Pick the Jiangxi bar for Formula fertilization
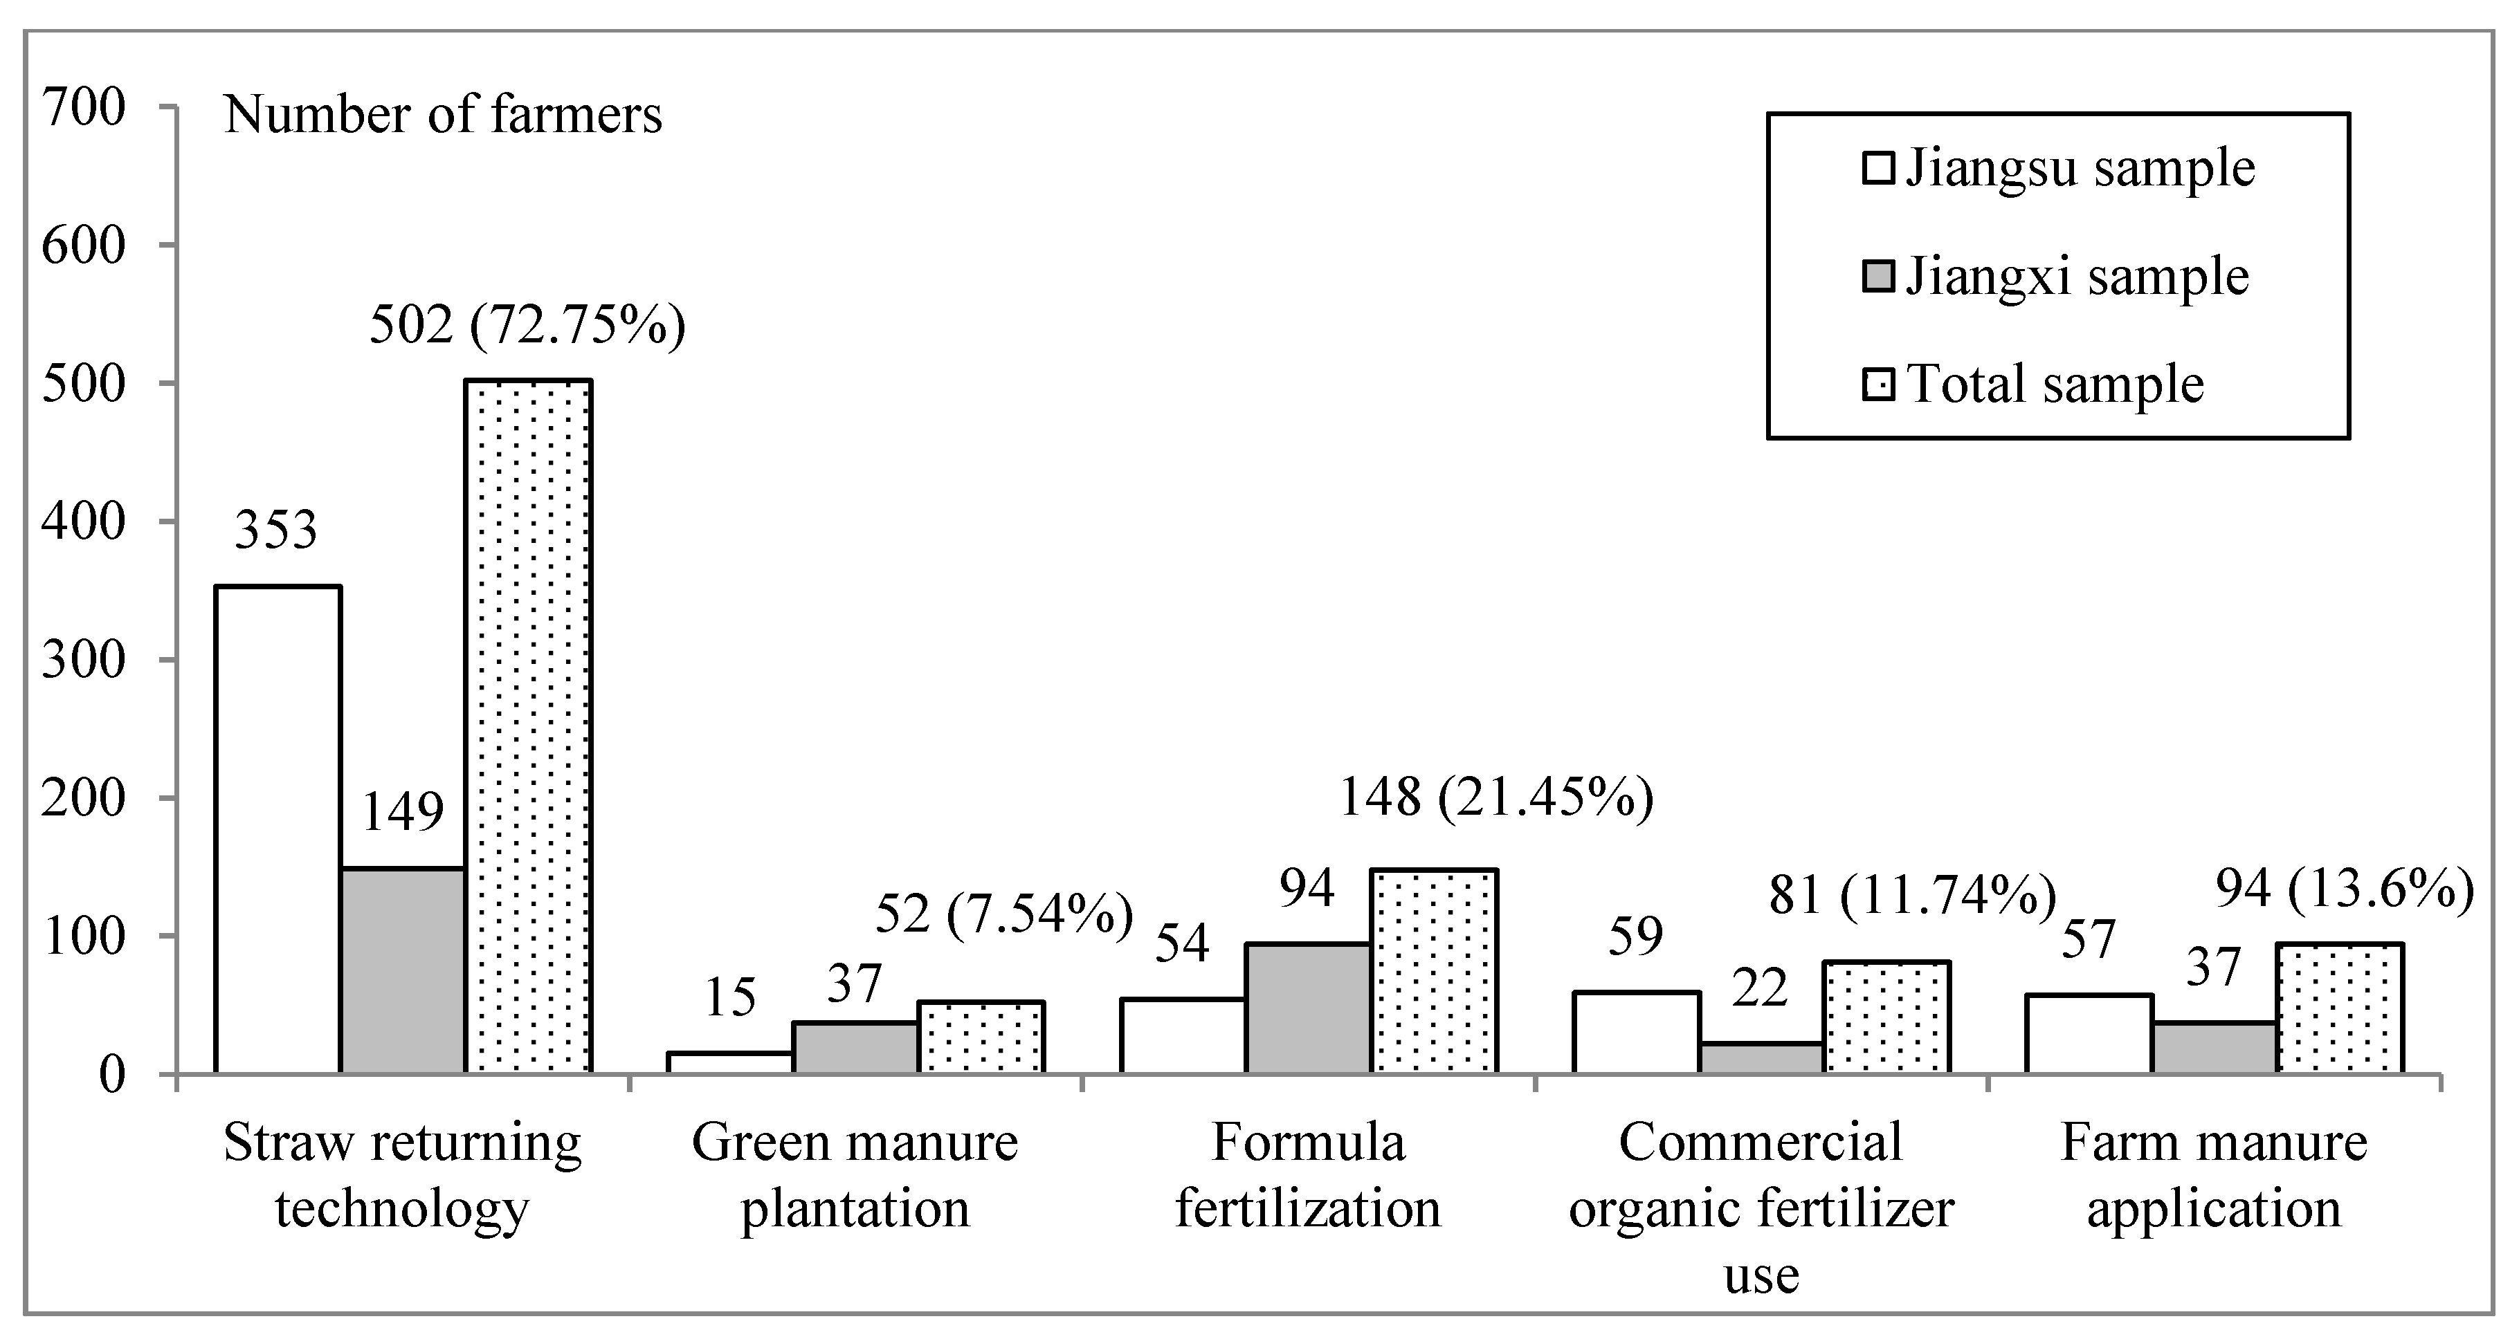pyautogui.click(x=1307, y=1008)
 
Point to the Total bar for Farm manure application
pyautogui.click(x=2340, y=1008)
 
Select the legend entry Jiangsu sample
pyautogui.click(x=2058, y=168)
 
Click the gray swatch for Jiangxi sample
pyautogui.click(x=1880, y=277)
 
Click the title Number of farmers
pyautogui.click(x=443, y=116)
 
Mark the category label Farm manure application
pyautogui.click(x=2213, y=1175)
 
